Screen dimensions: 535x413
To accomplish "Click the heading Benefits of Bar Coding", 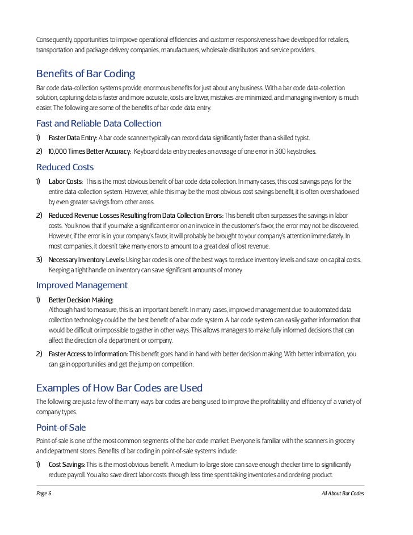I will (85, 75).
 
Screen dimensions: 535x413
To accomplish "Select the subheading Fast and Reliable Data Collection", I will (99, 124).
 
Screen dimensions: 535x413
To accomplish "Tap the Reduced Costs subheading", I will (65, 167).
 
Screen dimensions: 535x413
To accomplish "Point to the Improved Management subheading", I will (82, 285).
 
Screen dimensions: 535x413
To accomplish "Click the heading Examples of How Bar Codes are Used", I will (119, 388).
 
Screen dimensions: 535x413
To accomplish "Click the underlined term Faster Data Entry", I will (73, 138).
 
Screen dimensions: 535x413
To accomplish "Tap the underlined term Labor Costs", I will (66, 182).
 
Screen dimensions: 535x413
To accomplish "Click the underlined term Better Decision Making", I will (81, 300).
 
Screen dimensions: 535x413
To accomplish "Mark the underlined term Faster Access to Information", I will (88, 354).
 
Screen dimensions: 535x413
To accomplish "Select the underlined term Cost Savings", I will (67, 465).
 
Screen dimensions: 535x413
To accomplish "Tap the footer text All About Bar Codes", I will (342, 494).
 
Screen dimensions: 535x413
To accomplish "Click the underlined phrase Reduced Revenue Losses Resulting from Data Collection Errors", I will (136, 216).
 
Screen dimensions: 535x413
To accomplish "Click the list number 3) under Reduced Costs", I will (39, 259).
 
